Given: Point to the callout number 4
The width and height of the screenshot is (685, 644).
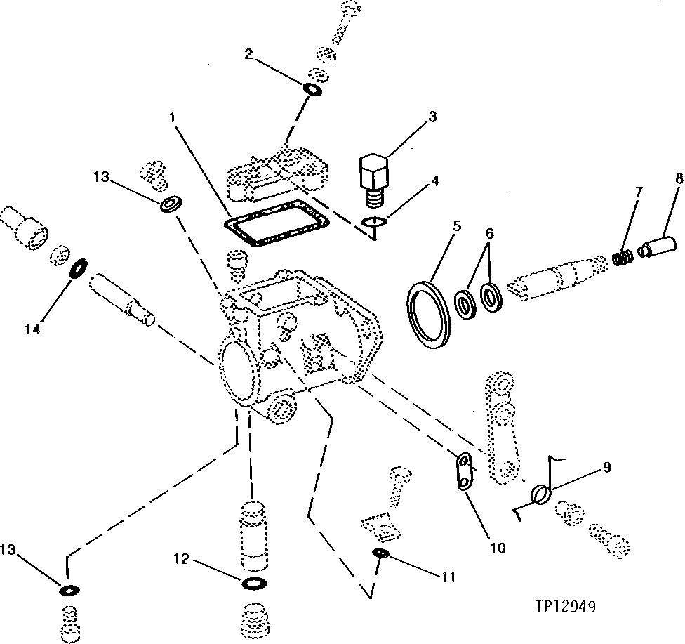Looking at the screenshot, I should click(x=434, y=180).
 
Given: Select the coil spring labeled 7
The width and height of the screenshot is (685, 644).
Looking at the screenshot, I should click(x=620, y=258).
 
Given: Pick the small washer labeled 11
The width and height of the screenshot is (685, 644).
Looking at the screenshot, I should click(x=382, y=554).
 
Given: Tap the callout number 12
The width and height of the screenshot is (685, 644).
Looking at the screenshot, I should click(x=181, y=559).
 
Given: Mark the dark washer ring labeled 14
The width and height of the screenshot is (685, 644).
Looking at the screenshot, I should click(x=79, y=268).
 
